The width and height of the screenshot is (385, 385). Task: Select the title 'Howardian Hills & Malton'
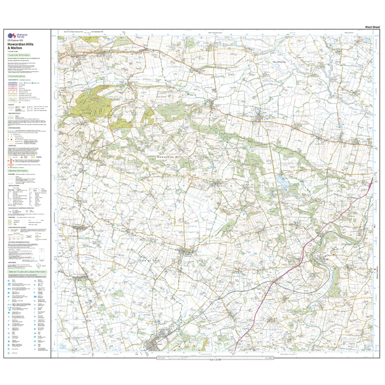click(x=20, y=46)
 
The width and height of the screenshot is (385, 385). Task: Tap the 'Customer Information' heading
click(x=21, y=55)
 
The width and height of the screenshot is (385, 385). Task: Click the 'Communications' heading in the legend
click(x=20, y=76)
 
